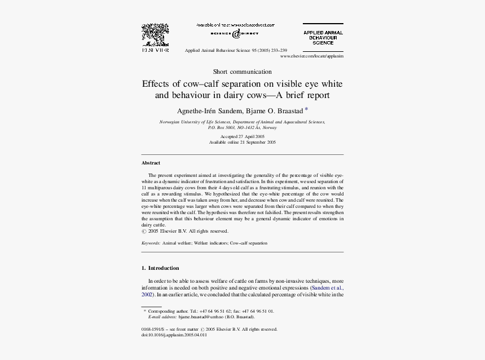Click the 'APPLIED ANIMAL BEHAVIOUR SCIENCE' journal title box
[x=323, y=38]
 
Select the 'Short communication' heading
[x=242, y=72]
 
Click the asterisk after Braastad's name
[x=306, y=109]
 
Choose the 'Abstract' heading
[x=151, y=163]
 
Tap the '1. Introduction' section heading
[x=160, y=268]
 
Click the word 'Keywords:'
[x=151, y=243]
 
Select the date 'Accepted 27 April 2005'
[x=242, y=137]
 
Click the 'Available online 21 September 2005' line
[x=242, y=143]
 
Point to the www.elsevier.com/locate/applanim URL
[x=311, y=56]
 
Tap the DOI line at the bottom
[x=174, y=335]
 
